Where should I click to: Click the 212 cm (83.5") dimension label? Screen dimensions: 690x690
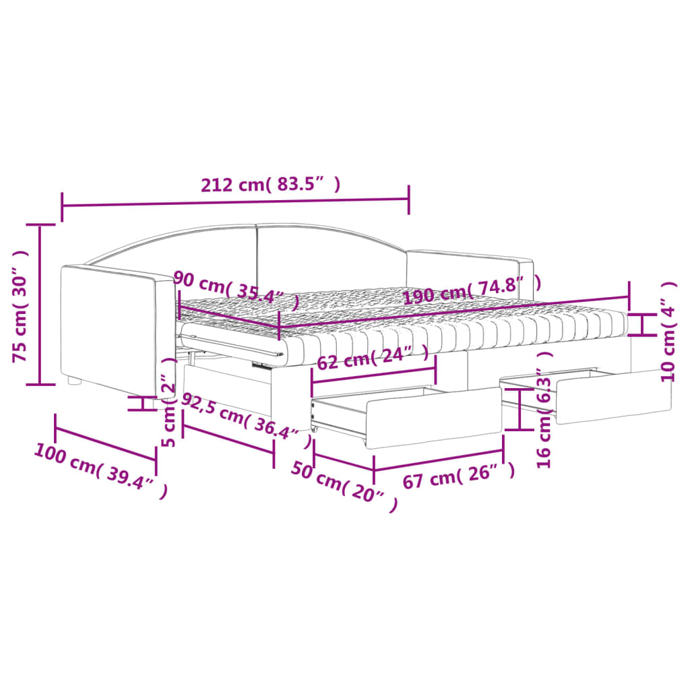pyautogui.click(x=271, y=185)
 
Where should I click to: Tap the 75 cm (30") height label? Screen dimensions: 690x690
pyautogui.click(x=20, y=306)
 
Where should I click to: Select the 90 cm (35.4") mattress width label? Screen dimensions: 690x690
pyautogui.click(x=237, y=290)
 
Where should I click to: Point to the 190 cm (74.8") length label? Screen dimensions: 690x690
pyautogui.click(x=472, y=290)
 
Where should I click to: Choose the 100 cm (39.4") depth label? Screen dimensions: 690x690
pyautogui.click(x=101, y=471)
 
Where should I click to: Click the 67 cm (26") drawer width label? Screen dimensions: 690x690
pyautogui.click(x=458, y=476)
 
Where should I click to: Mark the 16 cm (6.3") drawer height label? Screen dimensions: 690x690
pyautogui.click(x=544, y=409)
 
